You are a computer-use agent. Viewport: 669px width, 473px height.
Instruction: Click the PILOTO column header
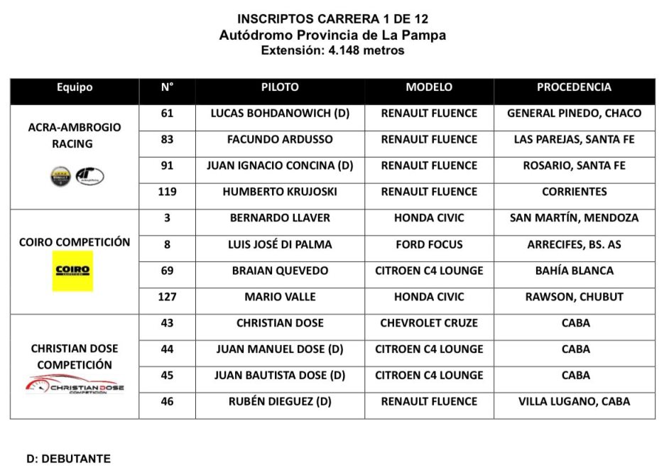[280, 87]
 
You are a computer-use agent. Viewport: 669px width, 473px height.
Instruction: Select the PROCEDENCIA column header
[574, 87]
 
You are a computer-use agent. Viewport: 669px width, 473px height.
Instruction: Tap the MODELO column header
[429, 87]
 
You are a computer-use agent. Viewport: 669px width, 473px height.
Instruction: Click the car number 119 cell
[167, 192]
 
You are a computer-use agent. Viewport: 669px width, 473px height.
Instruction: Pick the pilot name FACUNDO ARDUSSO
[280, 139]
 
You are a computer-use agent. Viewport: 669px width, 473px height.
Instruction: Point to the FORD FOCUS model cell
[429, 244]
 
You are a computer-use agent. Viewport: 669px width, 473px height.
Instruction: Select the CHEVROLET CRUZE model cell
[429, 323]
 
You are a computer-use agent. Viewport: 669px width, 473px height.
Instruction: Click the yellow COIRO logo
[72, 271]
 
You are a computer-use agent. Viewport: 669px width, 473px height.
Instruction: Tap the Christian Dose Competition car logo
[75, 386]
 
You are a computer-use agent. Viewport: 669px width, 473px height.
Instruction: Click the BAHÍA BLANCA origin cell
[574, 271]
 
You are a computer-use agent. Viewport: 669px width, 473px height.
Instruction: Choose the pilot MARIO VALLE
[280, 297]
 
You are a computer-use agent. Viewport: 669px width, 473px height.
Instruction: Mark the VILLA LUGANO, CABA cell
[574, 402]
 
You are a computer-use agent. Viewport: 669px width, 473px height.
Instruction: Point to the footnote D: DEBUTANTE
[68, 459]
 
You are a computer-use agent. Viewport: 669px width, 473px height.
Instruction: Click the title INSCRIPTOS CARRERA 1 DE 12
[332, 18]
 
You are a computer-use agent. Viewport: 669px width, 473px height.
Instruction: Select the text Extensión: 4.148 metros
[332, 50]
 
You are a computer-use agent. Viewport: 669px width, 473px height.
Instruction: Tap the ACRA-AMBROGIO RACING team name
[75, 136]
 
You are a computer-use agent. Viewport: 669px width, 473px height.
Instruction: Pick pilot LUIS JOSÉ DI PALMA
[280, 244]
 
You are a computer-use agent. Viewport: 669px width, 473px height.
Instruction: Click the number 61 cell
[167, 113]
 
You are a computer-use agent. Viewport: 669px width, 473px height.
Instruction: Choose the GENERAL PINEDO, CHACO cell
[574, 113]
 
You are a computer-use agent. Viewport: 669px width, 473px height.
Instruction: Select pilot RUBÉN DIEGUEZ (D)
[280, 402]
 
